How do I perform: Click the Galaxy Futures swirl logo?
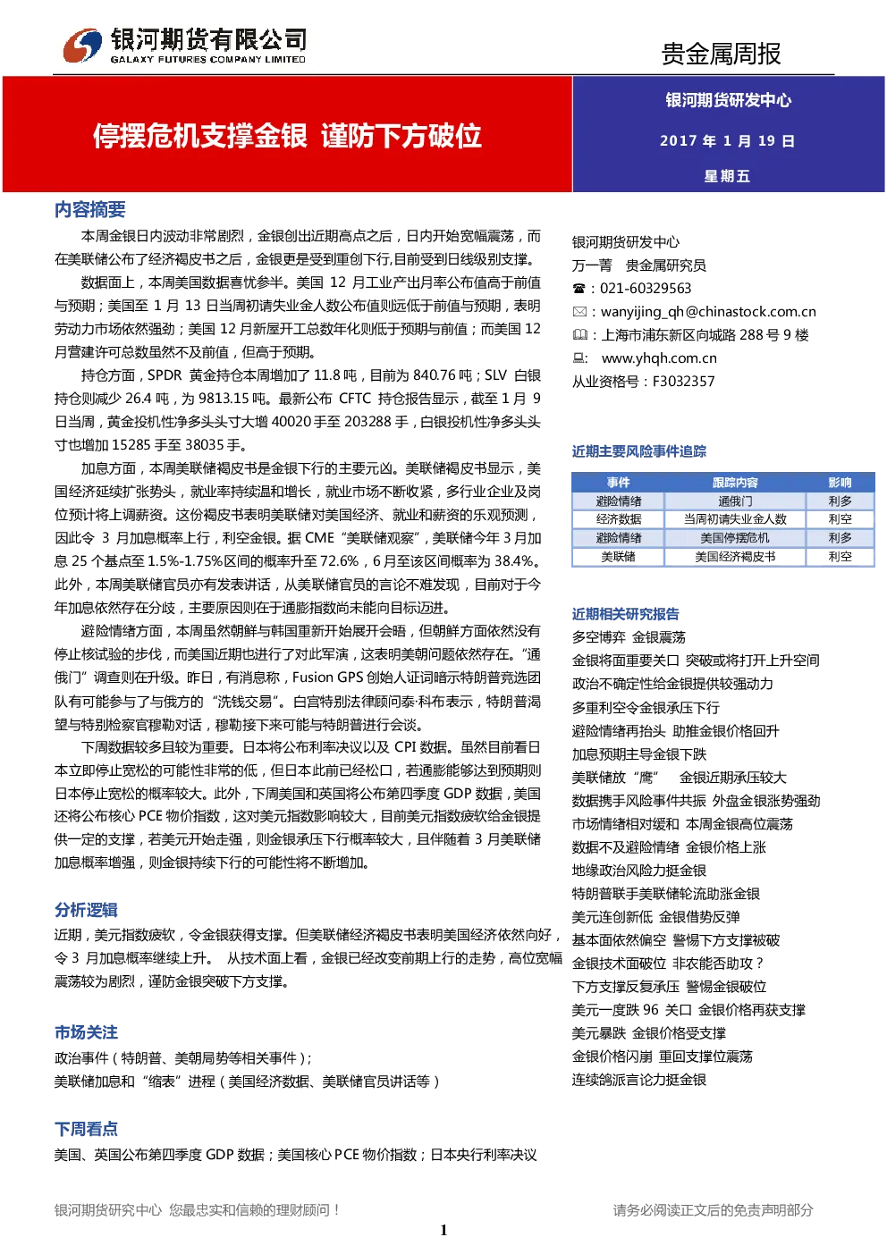pos(82,46)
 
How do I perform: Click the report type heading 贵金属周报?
pos(721,54)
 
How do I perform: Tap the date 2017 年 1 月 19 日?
pos(727,140)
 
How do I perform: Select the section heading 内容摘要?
pos(89,209)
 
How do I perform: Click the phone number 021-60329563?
pos(646,289)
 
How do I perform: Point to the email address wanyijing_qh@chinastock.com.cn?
pos(708,312)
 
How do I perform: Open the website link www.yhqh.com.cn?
pos(658,358)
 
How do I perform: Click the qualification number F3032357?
pos(684,382)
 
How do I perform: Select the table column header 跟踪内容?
pos(735,483)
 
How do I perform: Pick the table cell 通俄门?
pos(735,501)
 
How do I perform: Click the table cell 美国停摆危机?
pos(735,538)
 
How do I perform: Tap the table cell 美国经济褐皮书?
pos(735,557)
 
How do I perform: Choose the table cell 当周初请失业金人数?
pos(735,519)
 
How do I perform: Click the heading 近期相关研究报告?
pos(625,614)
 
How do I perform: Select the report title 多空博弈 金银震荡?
pos(629,637)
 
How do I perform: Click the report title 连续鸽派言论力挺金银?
pos(639,1080)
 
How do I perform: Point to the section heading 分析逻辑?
pos(86,910)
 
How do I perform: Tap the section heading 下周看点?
pos(86,1129)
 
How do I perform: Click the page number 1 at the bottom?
pos(443,1229)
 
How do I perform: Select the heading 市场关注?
pos(86,1031)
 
